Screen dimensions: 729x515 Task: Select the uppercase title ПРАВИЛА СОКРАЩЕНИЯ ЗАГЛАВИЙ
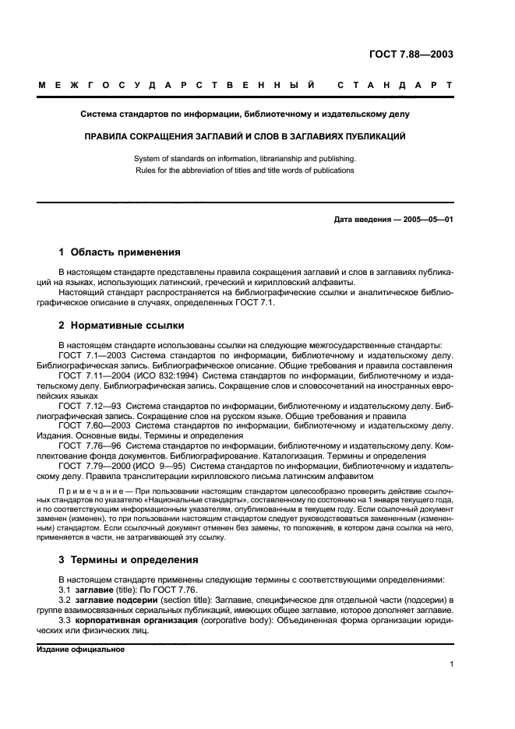coord(245,136)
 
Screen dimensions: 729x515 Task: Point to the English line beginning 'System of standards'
coord(245,158)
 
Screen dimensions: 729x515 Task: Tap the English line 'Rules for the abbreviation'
coord(245,170)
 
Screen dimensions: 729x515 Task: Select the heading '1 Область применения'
coord(120,252)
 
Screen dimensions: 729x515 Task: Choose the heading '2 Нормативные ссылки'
coord(121,326)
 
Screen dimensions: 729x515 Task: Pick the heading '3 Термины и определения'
coord(129,559)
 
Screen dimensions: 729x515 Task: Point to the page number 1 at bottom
coord(451,664)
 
